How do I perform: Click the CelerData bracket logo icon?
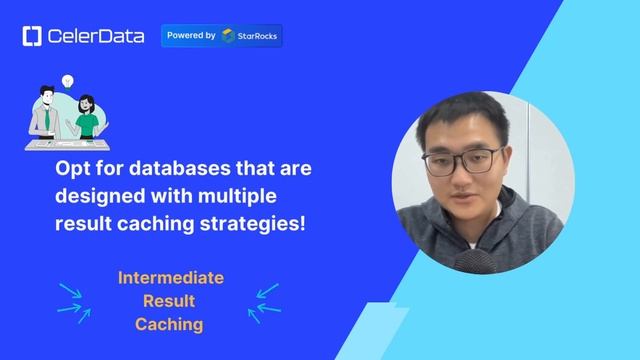pos(31,36)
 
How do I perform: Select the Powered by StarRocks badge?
pos(221,36)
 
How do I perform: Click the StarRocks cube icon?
pos(229,36)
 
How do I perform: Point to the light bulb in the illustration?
pos(68,78)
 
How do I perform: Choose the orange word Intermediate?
pos(170,278)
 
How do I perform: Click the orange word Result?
pos(170,301)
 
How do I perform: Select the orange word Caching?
pos(170,324)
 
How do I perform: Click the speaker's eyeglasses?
pos(462,159)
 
